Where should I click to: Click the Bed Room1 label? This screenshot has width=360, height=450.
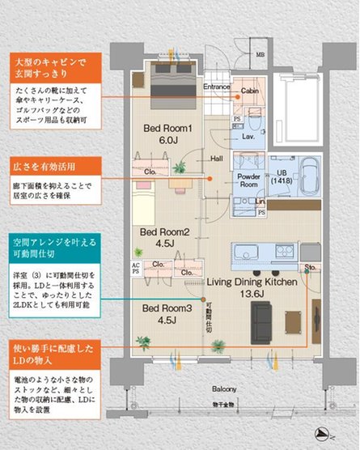coord(167,128)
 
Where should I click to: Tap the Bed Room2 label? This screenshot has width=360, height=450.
coord(164,232)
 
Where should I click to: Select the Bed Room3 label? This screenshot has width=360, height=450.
coord(167,308)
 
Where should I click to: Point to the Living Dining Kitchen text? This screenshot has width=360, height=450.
coord(251,282)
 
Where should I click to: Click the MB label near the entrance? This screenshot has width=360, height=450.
coord(260,54)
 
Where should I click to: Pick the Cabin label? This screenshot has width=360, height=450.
coord(251,92)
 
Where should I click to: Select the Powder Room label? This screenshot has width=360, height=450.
coord(248,180)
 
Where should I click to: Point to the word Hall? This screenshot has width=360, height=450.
coord(217,159)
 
